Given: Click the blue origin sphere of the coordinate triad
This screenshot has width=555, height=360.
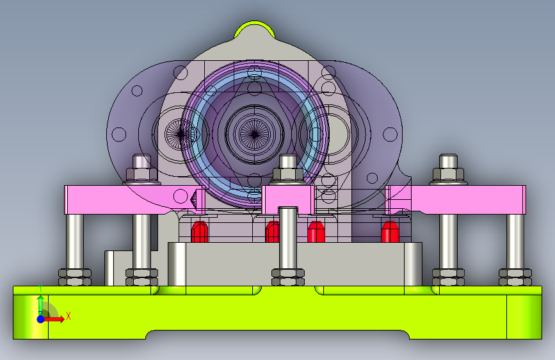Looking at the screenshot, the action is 41,319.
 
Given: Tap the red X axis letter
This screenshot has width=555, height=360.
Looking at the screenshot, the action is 68,316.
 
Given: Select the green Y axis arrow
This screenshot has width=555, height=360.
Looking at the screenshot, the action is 41,302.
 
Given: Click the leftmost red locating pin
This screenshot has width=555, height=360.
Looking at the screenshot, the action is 200,232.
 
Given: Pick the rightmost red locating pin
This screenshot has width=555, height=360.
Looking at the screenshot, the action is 390,232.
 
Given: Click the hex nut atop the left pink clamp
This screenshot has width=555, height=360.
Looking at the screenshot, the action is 141,174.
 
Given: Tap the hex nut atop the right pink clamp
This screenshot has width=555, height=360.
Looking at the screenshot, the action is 448,174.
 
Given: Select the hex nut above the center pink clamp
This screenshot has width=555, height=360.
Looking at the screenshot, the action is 288,174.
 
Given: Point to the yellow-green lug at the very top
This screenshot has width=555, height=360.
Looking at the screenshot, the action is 254,28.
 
